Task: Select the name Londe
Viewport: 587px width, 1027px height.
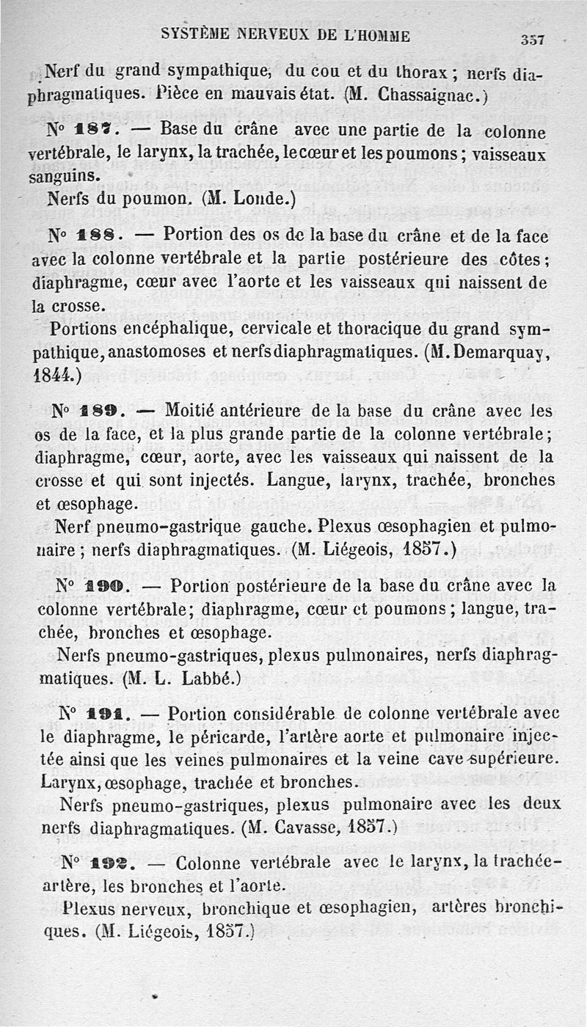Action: pyautogui.click(x=259, y=198)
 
